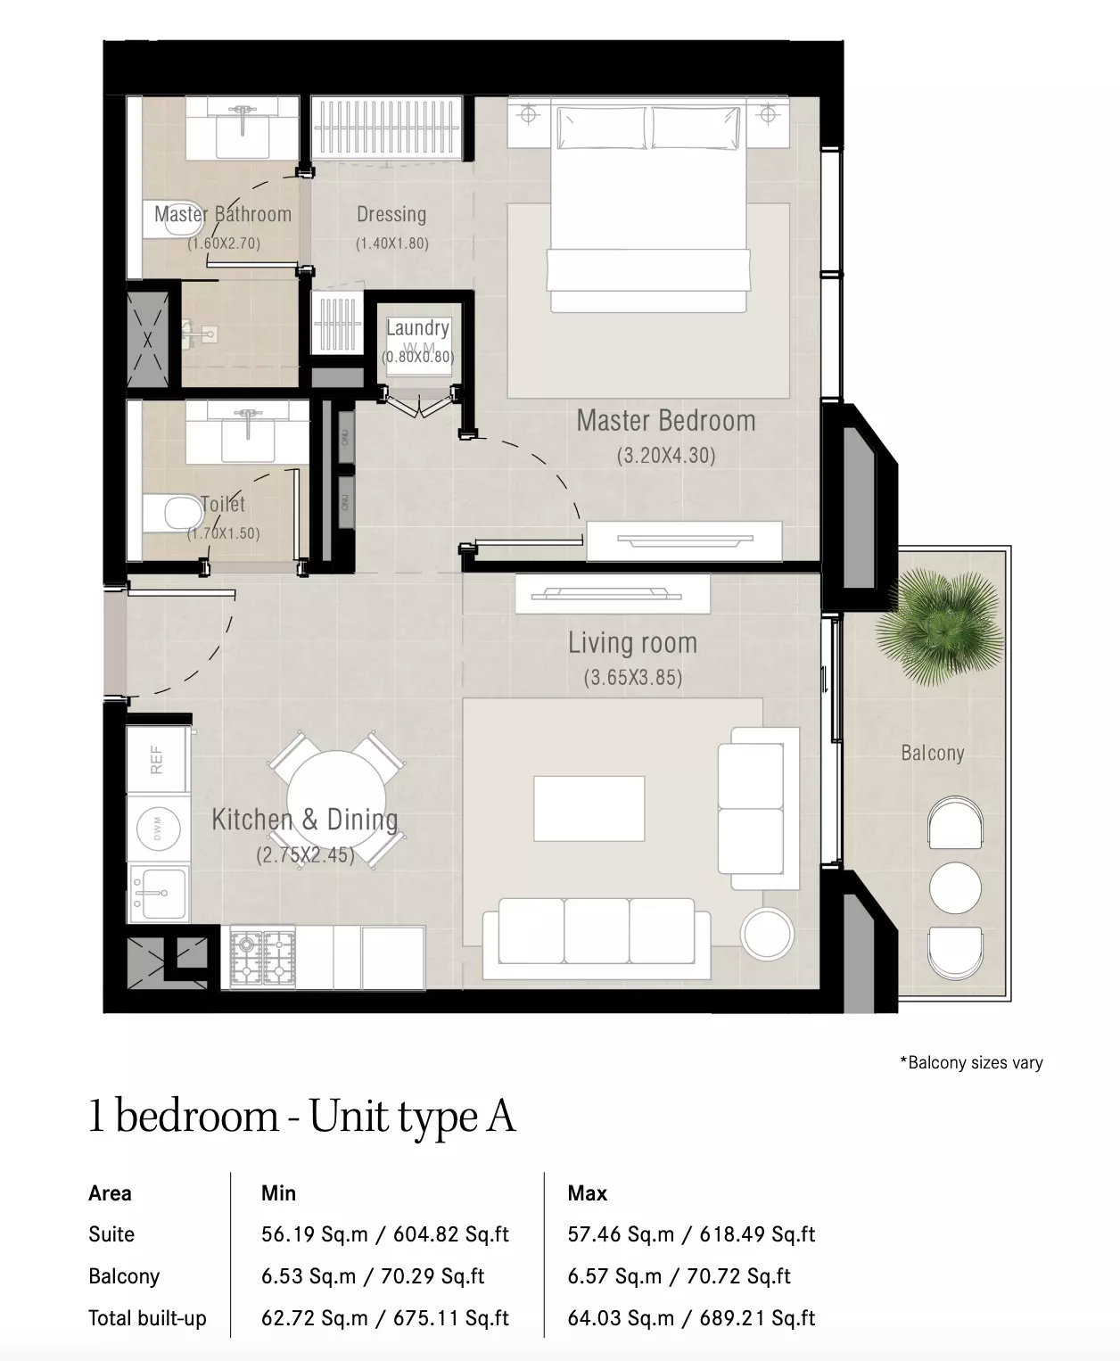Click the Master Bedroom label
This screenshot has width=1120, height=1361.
tap(666, 421)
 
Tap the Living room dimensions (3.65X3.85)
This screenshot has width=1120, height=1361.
tap(633, 678)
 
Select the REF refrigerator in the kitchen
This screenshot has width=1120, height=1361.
tap(158, 760)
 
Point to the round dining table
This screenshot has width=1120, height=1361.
tap(336, 799)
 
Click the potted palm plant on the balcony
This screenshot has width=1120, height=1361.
tap(941, 627)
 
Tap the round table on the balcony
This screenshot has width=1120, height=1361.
tap(955, 887)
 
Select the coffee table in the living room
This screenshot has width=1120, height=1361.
tap(589, 809)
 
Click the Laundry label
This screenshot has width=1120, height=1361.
tap(417, 328)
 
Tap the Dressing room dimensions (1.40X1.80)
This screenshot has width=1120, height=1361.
tap(392, 243)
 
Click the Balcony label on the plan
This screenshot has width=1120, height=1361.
tap(932, 753)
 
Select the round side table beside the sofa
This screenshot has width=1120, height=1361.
tap(767, 933)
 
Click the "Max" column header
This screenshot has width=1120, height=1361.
tap(587, 1192)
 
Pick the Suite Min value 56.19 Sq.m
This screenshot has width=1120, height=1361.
tap(315, 1233)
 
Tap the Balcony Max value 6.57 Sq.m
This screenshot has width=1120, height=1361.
tap(614, 1275)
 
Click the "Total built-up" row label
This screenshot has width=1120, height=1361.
tap(147, 1318)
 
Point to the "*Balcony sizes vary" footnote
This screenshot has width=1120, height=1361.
tap(972, 1062)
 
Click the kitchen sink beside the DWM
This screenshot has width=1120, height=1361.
tap(158, 893)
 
